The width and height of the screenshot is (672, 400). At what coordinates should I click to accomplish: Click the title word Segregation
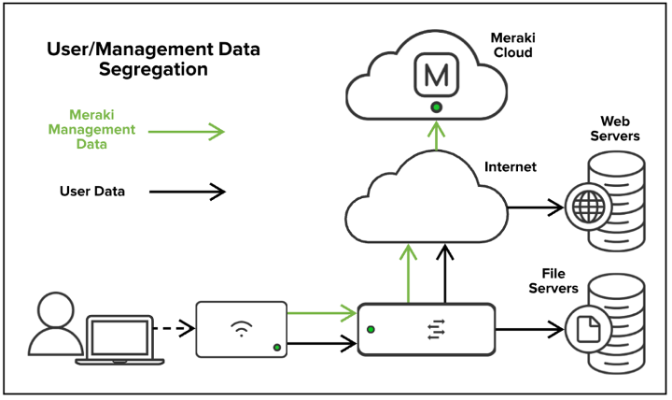click(x=153, y=70)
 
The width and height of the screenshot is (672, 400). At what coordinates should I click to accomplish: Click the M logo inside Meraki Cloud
click(x=435, y=76)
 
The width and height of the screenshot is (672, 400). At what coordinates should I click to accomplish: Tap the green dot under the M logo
click(x=435, y=107)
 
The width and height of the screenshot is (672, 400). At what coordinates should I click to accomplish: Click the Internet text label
click(x=511, y=168)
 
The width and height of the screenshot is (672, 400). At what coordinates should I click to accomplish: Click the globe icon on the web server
click(x=589, y=207)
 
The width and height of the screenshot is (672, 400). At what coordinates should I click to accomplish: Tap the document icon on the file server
click(x=589, y=328)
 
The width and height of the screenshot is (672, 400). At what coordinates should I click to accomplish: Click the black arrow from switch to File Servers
click(x=527, y=328)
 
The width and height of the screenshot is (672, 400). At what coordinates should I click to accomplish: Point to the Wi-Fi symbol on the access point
click(x=241, y=328)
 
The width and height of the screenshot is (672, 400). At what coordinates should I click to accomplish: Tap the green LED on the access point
click(x=276, y=348)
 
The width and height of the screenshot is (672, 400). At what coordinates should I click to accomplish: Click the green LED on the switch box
click(x=371, y=329)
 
